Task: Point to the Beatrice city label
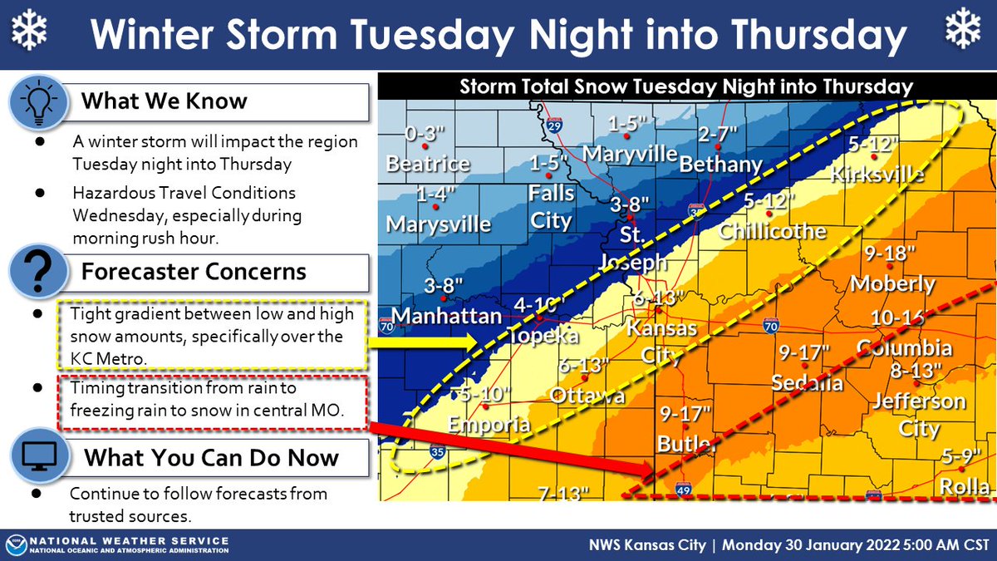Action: (x=428, y=164)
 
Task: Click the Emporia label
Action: (x=489, y=424)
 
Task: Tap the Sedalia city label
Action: (x=806, y=383)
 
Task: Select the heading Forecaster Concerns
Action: (x=193, y=272)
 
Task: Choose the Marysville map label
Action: (x=439, y=224)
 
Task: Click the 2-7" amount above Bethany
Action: (x=719, y=135)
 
